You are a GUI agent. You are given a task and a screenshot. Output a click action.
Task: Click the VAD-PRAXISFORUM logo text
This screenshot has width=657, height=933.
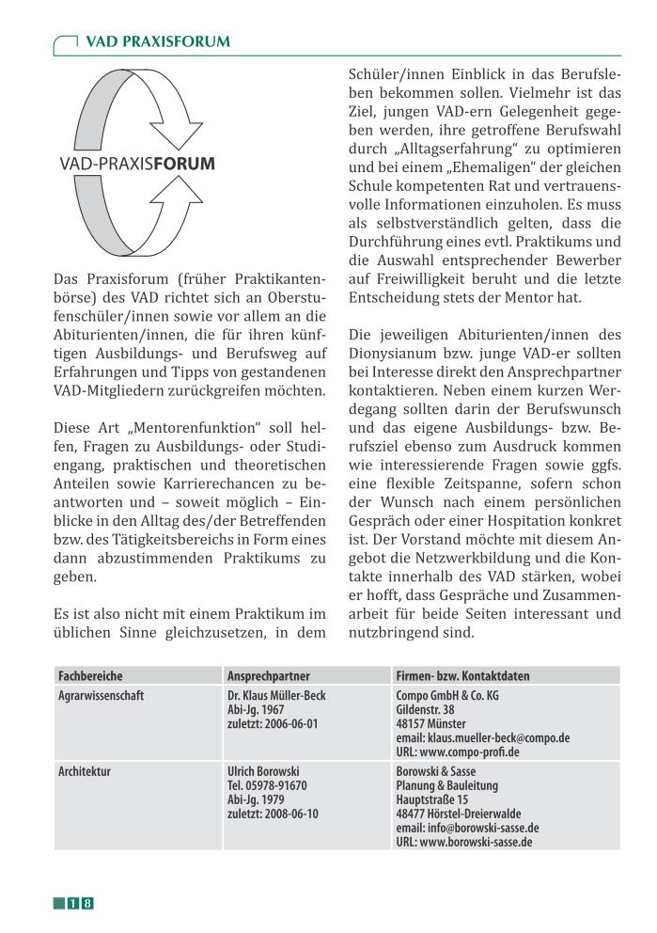137,164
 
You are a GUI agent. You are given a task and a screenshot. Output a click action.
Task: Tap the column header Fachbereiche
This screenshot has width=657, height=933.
90,675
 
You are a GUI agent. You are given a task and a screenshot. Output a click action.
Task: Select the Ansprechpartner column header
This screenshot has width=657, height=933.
269,675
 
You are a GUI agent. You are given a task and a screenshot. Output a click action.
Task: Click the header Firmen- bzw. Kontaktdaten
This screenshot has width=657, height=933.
462,675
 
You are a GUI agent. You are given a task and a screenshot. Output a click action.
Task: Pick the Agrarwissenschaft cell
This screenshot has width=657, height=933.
101,695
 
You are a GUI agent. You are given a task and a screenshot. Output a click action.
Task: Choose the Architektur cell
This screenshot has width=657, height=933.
85,771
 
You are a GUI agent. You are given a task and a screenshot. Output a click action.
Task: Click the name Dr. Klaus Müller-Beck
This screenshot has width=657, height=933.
276,695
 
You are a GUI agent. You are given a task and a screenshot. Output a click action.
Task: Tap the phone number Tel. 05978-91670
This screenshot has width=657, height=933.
268,785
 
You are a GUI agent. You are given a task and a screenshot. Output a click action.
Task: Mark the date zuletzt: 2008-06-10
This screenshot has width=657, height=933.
273,814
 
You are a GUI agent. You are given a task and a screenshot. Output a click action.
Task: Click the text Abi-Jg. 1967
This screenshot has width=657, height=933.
257,709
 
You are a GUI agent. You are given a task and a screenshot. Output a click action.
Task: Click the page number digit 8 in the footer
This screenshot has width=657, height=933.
87,904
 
